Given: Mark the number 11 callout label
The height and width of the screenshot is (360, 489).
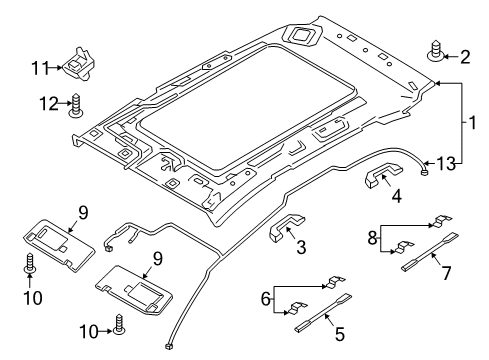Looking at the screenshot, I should [39, 67].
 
